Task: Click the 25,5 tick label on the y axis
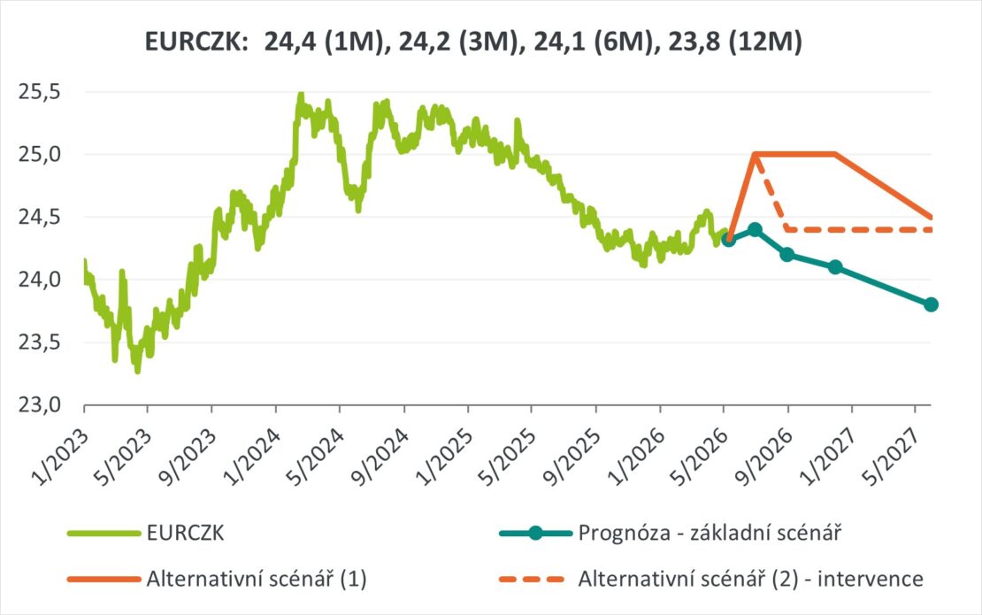40,93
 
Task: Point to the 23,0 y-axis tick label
40,405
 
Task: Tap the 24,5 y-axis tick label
40,218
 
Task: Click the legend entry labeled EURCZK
186,533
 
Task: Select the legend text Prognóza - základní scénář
710,533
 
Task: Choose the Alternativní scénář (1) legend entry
257,579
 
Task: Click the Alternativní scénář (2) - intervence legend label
750,579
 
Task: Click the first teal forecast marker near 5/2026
728,239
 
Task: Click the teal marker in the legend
535,533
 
